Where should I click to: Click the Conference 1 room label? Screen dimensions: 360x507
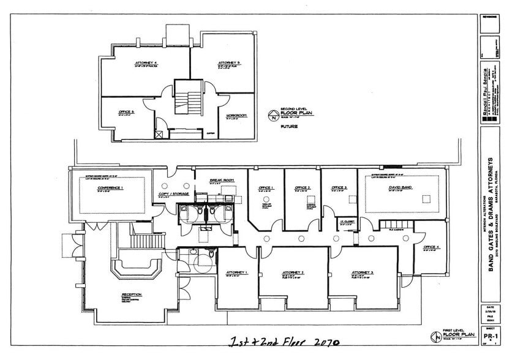110,188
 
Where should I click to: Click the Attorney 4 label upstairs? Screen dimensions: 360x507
146,63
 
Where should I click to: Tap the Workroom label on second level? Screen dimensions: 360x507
236,115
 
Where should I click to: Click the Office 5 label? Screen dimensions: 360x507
126,112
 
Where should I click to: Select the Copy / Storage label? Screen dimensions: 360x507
174,193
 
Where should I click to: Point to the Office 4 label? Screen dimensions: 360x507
432,247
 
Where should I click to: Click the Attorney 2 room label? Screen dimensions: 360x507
293,272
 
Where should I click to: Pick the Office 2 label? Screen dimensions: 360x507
302,187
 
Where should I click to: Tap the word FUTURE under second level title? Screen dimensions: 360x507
289,127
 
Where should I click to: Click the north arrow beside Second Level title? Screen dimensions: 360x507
273,114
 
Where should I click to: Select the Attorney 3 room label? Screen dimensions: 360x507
362,272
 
